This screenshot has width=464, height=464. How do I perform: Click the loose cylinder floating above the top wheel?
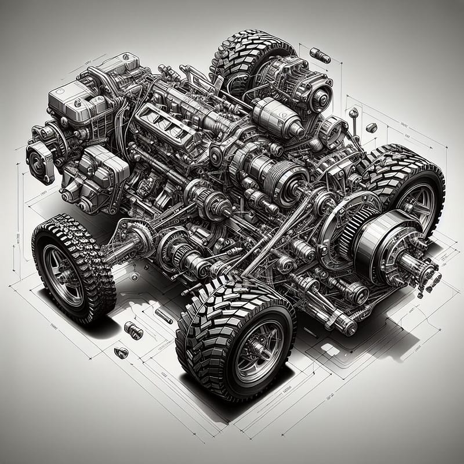320,56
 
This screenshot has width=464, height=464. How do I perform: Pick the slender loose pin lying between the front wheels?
162,316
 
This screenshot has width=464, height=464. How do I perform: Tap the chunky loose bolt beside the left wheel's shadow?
133,331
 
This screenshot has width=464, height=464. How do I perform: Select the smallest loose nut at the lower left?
121,352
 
